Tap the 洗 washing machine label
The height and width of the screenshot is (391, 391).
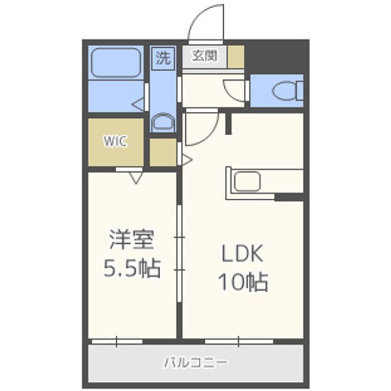(x=162, y=58)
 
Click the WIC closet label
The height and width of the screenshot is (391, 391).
(x=116, y=142)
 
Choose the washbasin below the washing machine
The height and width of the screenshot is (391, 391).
(x=162, y=122)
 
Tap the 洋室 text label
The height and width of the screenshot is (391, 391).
(x=132, y=239)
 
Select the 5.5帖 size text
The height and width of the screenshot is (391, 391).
(x=132, y=268)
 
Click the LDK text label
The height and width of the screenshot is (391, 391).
(x=242, y=253)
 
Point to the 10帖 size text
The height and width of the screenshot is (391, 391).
(x=242, y=282)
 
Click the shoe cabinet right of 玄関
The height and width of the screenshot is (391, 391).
(x=235, y=56)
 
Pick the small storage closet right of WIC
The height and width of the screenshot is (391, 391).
(x=162, y=153)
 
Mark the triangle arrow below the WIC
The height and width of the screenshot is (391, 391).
(x=136, y=176)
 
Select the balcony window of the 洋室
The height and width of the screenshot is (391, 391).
(x=117, y=341)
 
